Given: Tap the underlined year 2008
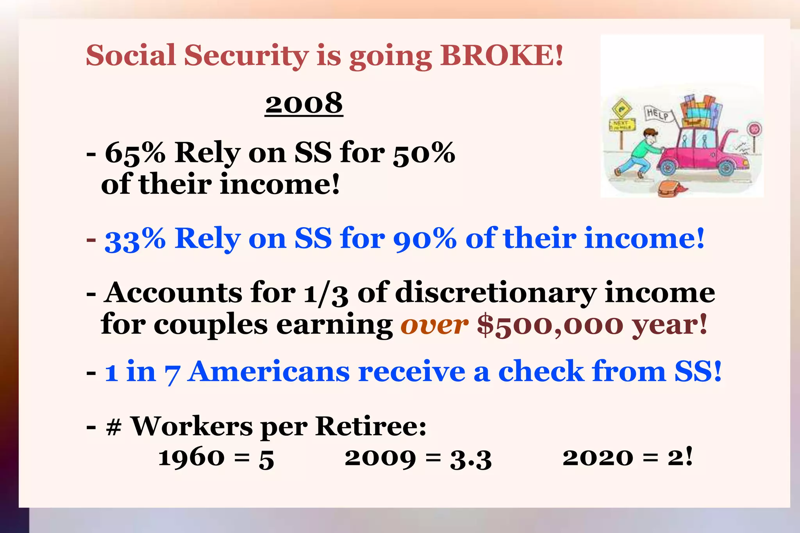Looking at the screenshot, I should click(x=304, y=103).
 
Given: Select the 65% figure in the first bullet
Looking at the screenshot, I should click(x=135, y=153).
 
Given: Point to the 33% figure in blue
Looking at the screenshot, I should click(x=135, y=239).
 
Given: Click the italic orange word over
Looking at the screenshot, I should click(x=434, y=324).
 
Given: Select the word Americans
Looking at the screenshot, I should click(x=269, y=371).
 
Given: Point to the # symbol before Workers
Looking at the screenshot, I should click(x=114, y=426).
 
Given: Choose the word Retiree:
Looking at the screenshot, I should click(x=371, y=426).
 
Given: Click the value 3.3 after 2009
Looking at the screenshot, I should click(x=471, y=458).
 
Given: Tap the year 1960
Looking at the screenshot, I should click(x=191, y=458).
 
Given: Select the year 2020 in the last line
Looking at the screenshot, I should click(x=598, y=458).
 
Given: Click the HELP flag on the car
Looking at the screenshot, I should click(x=657, y=114).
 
